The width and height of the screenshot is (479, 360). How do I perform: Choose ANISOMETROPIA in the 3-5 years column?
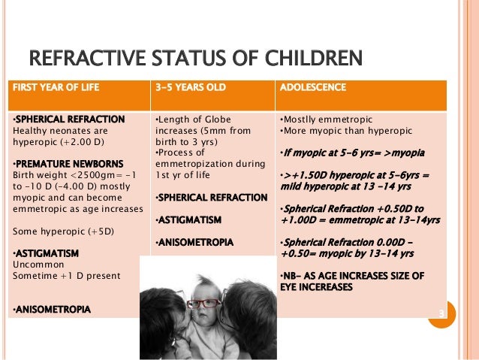(194, 243)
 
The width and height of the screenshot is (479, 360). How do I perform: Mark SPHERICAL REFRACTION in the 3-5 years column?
(211, 198)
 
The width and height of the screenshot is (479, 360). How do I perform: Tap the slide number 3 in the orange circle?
(441, 313)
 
